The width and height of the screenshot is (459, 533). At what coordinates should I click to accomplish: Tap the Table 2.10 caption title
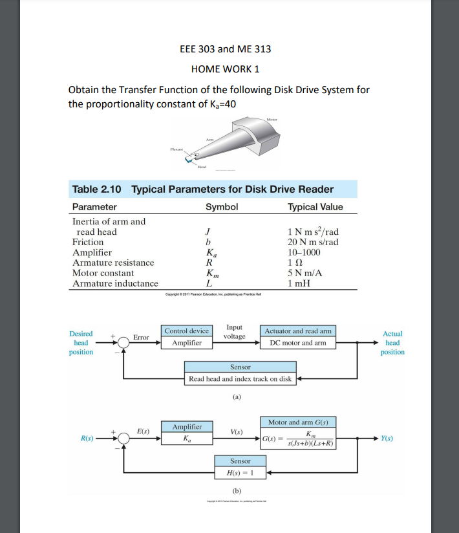[x=203, y=190]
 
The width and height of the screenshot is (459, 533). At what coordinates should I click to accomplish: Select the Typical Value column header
[x=315, y=207]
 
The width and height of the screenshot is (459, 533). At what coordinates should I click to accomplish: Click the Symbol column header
[x=222, y=207]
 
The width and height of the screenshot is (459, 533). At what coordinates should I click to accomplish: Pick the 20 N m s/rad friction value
[x=313, y=242]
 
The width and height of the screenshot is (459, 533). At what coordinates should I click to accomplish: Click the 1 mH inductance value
[x=299, y=283]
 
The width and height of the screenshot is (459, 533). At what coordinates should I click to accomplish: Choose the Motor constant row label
[x=103, y=273]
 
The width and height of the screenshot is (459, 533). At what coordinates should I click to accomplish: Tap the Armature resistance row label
[x=113, y=263]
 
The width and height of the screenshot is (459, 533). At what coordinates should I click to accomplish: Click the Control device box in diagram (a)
[x=187, y=331]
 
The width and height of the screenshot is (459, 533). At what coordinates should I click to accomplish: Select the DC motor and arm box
[x=297, y=343]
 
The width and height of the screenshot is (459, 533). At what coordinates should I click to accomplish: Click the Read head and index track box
[x=240, y=379]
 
